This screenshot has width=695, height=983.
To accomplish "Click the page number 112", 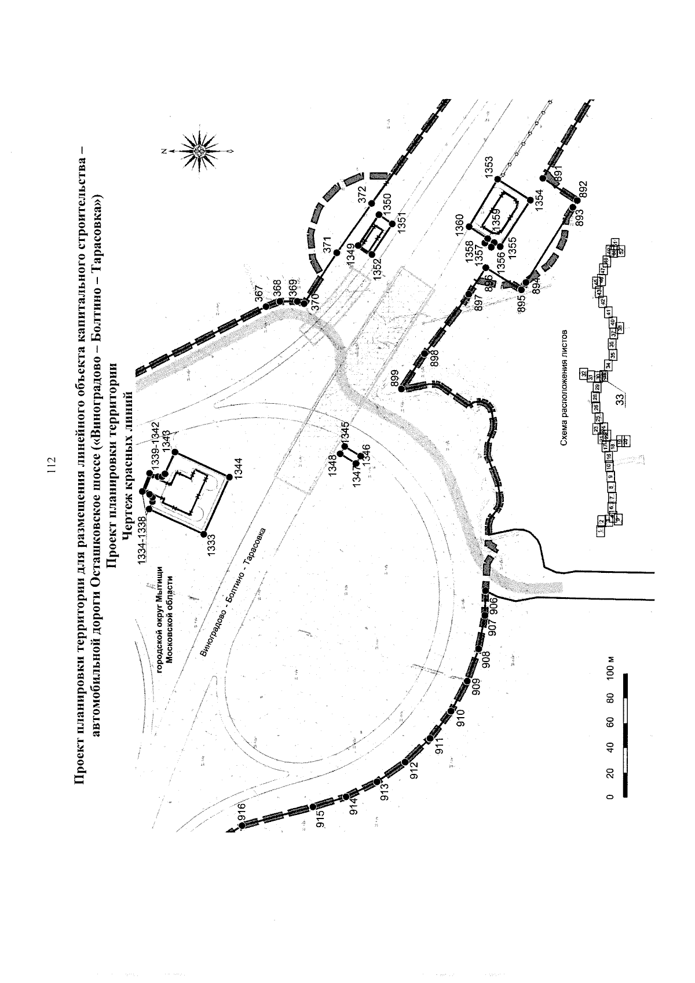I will pyautogui.click(x=52, y=466).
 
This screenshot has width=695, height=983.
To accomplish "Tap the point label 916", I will pyautogui.click(x=241, y=813).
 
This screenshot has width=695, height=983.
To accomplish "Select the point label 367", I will pyautogui.click(x=259, y=295).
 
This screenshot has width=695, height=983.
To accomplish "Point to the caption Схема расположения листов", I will pyautogui.click(x=565, y=388).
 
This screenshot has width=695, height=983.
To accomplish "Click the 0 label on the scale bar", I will pyautogui.click(x=609, y=798).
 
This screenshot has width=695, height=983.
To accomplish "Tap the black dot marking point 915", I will pyautogui.click(x=313, y=807).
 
